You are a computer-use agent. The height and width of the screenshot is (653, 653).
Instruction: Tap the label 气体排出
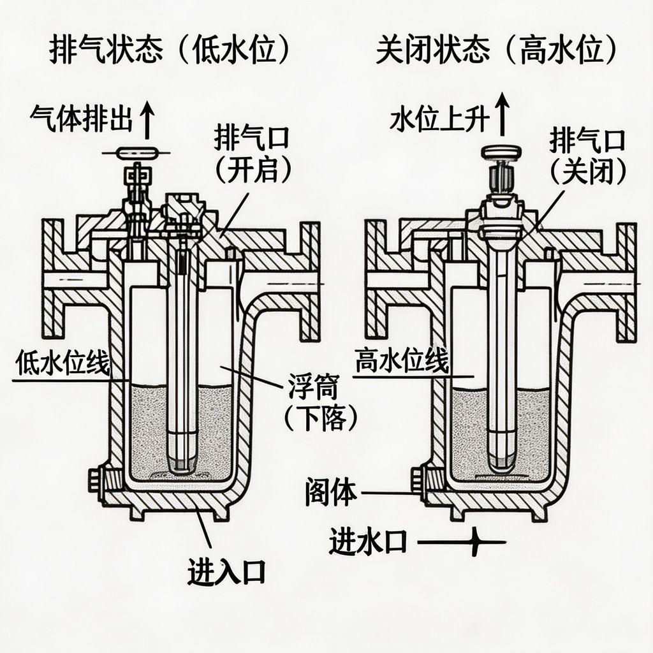[80, 119]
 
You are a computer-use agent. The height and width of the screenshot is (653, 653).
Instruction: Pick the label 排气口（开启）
[254, 154]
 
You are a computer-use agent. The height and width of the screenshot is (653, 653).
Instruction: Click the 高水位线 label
[401, 362]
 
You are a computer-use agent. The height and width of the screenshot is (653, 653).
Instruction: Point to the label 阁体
[330, 493]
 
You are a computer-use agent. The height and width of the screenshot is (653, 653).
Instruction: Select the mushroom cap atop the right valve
[502, 152]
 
